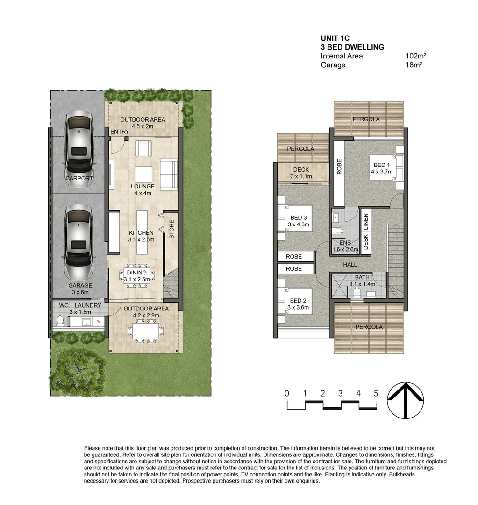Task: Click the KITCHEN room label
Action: point(142,232)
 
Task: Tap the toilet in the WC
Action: point(59,321)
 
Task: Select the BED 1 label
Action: point(382,165)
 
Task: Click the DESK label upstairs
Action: point(366,242)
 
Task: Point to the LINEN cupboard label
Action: point(366,222)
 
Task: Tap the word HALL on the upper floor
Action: point(350,265)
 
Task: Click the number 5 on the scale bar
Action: point(376,393)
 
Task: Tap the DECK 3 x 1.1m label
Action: point(301,173)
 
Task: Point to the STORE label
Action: point(171,229)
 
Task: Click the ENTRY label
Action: point(120,132)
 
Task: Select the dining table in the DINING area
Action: point(136,276)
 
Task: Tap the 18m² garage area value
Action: point(414,65)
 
